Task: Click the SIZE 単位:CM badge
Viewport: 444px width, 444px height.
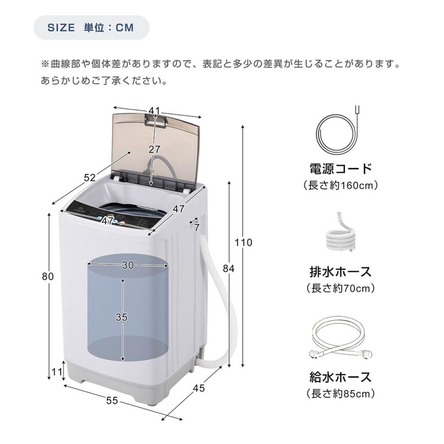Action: tap(91, 27)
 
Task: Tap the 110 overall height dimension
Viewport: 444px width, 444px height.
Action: tap(244, 243)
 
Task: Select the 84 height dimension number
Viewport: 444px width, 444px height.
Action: tap(228, 269)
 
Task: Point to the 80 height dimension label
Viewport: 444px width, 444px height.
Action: tap(47, 277)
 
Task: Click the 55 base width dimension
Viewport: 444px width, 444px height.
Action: tap(112, 401)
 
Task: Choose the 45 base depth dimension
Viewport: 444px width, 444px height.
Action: tap(198, 388)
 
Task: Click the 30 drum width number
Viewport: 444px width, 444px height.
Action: tap(128, 265)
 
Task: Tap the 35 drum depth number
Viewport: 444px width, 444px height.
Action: tap(121, 317)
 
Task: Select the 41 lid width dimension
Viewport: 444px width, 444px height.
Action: tap(155, 111)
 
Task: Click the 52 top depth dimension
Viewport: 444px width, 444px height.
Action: tap(90, 178)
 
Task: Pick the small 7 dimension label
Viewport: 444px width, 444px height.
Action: tap(196, 228)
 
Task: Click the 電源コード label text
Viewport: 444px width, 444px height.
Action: tap(340, 169)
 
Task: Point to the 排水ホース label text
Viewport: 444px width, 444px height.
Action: tap(340, 271)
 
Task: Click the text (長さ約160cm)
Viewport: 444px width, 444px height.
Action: tap(340, 185)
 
